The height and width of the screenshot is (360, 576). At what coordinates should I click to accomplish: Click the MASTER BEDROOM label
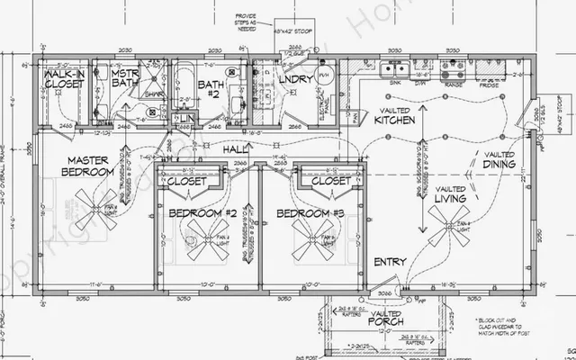88,165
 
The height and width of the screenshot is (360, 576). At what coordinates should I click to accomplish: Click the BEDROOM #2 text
202,213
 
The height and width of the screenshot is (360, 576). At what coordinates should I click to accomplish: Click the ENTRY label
390,262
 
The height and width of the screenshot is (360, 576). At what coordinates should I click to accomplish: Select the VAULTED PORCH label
384,316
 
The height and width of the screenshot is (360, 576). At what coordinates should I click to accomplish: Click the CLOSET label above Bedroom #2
186,181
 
